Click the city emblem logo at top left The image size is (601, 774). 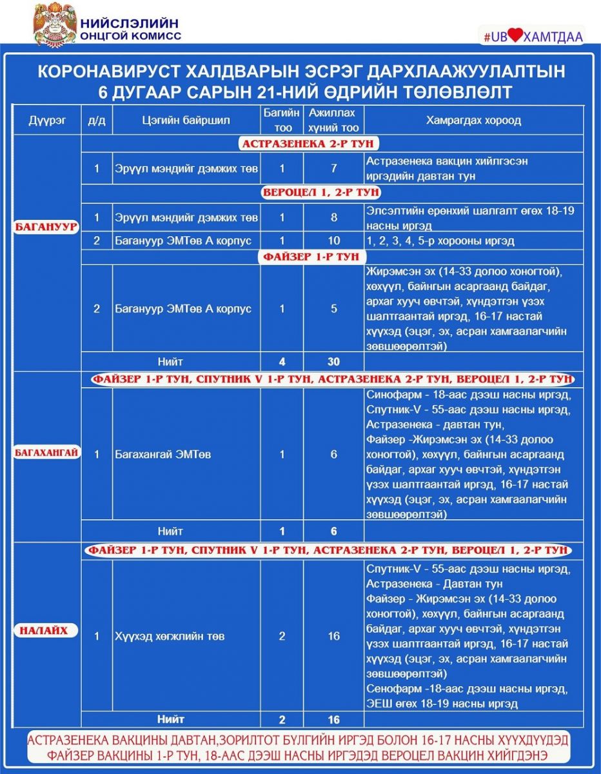coord(54,24)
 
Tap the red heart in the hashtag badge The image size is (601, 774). coord(513,36)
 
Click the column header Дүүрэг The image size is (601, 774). coord(47,121)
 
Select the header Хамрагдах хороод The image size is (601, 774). coord(473,121)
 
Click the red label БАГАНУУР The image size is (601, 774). coord(48,226)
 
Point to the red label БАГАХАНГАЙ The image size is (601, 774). coord(47,453)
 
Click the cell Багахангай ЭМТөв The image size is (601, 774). coord(163,455)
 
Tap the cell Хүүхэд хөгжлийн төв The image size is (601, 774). coord(170,637)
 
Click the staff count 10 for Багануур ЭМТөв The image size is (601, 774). coord(333,241)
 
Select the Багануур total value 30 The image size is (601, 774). coord(333,362)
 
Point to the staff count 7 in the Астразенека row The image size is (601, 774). coord(333,169)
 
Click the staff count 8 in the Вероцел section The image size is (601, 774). coord(333,218)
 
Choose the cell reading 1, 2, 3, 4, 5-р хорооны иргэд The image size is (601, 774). coord(440,241)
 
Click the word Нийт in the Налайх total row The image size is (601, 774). coord(170,719)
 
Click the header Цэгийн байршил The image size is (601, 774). coord(186,121)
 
